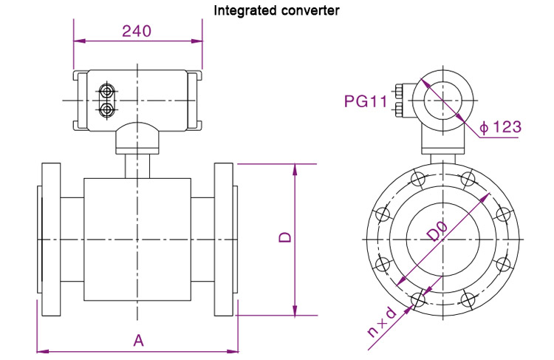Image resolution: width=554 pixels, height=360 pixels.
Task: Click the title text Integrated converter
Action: (x=276, y=11)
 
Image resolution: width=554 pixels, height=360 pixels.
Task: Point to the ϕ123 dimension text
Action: (x=500, y=127)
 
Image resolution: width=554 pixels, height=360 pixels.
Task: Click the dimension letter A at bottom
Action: (x=137, y=340)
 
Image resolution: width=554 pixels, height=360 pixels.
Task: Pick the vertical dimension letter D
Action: (x=284, y=238)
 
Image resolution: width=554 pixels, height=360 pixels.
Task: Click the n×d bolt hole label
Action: (x=383, y=323)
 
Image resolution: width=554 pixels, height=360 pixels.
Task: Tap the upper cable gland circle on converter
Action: (x=107, y=92)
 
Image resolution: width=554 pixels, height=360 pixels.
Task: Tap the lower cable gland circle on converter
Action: (x=107, y=109)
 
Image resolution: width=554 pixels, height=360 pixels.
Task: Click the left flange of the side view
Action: (x=50, y=238)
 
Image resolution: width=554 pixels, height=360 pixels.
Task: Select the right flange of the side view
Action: (x=225, y=238)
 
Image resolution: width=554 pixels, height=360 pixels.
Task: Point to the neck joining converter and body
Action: (x=137, y=164)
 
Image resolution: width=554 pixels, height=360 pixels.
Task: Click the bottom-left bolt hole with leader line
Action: (x=418, y=299)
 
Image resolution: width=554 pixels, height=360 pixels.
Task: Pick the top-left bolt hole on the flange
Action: (x=418, y=180)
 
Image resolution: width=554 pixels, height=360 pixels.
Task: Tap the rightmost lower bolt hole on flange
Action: (x=502, y=265)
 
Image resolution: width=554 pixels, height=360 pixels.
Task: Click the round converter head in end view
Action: (x=439, y=102)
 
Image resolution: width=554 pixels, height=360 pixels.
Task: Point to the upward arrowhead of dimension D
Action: (x=295, y=169)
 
